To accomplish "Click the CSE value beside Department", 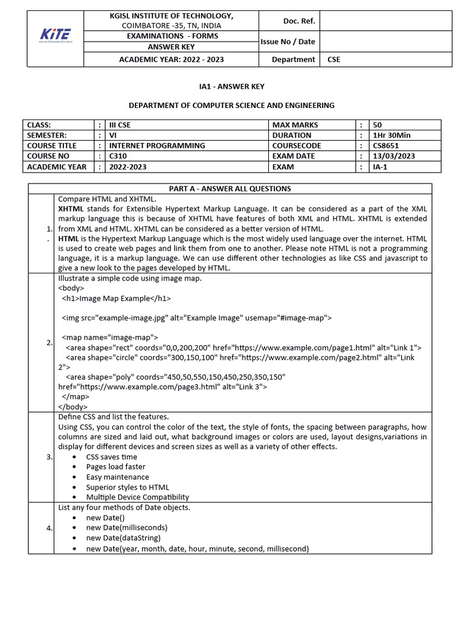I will click(x=333, y=59).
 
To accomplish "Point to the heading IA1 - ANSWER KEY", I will click(x=232, y=87).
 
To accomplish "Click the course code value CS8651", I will click(x=386, y=145).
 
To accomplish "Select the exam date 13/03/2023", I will click(x=393, y=156).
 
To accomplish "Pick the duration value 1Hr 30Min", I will click(x=391, y=135).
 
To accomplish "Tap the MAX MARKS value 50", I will click(x=378, y=125).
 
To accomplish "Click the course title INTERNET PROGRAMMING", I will click(x=156, y=145).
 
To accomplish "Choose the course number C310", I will click(x=118, y=156).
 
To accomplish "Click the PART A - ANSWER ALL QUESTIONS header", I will click(x=230, y=189).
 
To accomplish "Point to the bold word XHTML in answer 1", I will click(x=70, y=209).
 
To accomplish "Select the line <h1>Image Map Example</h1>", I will click(x=116, y=298).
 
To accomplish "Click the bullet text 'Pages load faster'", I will click(x=115, y=467).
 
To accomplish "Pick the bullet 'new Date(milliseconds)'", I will click(x=127, y=527).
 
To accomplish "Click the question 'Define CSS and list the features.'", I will click(x=114, y=416).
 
